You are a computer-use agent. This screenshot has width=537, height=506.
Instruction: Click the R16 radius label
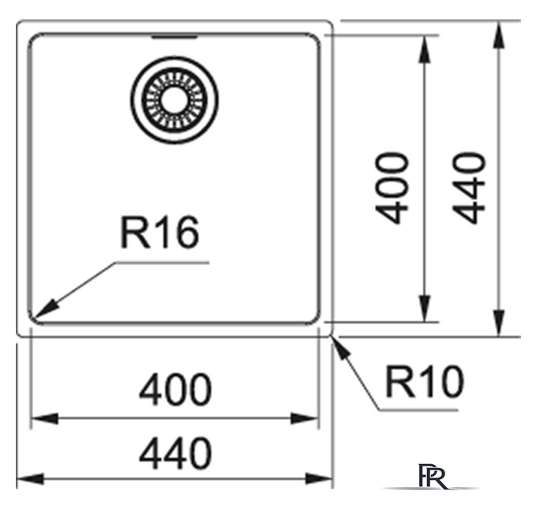click(160, 232)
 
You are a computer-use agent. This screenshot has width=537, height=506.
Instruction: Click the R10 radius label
click(425, 381)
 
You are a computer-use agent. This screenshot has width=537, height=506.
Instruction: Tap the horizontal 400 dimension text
click(176, 389)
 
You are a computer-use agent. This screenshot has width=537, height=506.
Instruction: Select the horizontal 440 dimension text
click(176, 452)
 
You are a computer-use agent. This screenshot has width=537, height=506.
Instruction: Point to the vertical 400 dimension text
click(392, 188)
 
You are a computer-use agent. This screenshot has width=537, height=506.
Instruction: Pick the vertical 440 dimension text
click(469, 188)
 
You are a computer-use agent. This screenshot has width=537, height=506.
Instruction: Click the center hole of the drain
click(174, 100)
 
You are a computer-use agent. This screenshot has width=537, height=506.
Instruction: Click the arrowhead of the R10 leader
click(342, 348)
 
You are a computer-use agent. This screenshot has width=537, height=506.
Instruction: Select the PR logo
click(433, 476)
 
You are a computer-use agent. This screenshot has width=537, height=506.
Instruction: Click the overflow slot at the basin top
click(174, 36)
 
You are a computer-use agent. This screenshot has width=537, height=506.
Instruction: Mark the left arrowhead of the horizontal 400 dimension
click(45, 418)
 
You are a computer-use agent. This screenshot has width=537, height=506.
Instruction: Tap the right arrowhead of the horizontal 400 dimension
click(304, 418)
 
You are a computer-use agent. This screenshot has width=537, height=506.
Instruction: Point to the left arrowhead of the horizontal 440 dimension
click(30, 478)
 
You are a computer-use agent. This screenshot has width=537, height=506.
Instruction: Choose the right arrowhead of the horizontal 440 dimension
click(319, 478)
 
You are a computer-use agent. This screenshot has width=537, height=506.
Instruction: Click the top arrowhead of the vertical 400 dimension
click(425, 49)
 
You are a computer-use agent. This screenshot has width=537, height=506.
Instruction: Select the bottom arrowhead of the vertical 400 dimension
click(425, 308)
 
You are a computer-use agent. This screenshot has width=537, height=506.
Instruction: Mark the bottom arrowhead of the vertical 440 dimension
click(499, 323)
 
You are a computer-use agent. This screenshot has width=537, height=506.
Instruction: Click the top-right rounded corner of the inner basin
click(316, 38)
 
